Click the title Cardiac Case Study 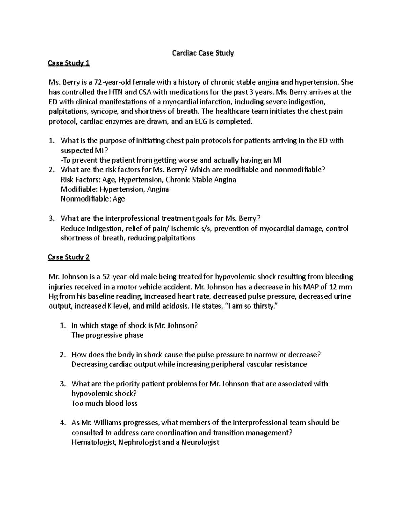point(203,53)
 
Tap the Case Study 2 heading point(69,257)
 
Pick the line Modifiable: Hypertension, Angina point(115,189)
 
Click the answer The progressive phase point(108,335)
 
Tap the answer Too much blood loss point(104,403)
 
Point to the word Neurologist point(200,442)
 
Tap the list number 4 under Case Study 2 point(62,423)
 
